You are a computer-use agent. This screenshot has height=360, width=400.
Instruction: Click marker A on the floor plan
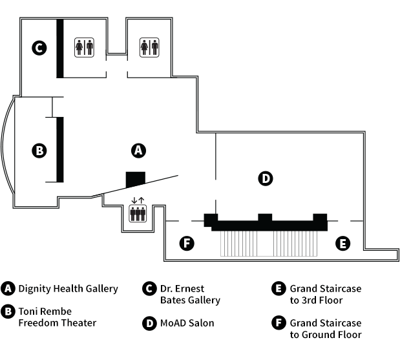137,150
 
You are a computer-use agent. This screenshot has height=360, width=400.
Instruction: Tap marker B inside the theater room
39,151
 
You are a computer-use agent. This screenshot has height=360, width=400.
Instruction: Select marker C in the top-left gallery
39,47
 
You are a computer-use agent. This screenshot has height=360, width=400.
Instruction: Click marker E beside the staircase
342,243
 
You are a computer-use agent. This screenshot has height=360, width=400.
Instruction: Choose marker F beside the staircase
187,243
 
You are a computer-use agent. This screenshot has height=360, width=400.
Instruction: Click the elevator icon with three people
138,213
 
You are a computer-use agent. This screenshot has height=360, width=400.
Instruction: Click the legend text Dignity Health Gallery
68,289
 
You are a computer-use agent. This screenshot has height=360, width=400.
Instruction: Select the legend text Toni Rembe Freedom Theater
57,317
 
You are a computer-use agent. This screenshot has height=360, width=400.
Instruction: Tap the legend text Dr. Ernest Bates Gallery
190,294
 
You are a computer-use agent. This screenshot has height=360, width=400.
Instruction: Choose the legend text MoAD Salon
187,323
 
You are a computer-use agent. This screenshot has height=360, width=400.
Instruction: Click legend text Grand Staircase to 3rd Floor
325,294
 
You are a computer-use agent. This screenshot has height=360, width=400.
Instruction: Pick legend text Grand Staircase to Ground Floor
325,328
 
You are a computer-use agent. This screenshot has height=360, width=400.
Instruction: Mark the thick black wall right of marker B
59,150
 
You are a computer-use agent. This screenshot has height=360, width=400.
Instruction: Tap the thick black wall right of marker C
59,48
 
